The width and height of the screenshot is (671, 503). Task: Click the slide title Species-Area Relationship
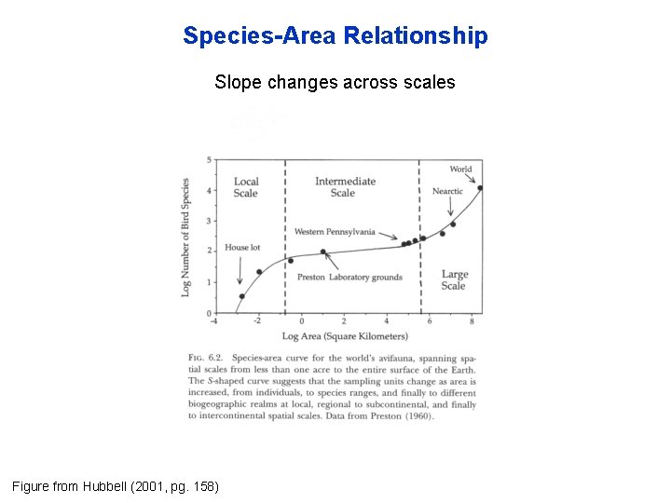point(335,36)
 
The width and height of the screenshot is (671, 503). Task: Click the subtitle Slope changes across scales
point(335,82)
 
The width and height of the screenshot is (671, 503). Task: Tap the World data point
point(480,188)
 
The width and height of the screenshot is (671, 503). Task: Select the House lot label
point(242,249)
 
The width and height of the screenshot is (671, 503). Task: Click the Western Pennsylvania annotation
point(335,231)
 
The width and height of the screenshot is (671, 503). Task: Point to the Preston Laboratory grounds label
point(349,277)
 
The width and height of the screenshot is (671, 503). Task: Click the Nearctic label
point(447,192)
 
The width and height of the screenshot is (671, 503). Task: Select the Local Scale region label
point(246,187)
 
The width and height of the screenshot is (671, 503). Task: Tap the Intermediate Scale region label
point(345,187)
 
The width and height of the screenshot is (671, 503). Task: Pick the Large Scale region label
point(454,279)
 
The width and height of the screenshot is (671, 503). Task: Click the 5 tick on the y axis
point(209,160)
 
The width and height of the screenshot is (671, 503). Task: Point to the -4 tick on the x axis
point(215,321)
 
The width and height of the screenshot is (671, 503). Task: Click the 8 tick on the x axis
point(472,321)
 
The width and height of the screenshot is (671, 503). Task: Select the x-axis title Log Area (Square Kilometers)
point(345,335)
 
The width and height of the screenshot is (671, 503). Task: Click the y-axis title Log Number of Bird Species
point(186,238)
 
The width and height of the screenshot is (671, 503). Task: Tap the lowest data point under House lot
point(241,297)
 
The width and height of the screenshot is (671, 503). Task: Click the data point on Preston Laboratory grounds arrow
point(323,251)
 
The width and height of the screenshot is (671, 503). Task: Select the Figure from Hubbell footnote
point(115,486)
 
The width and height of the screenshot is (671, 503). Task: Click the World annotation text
point(460,169)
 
